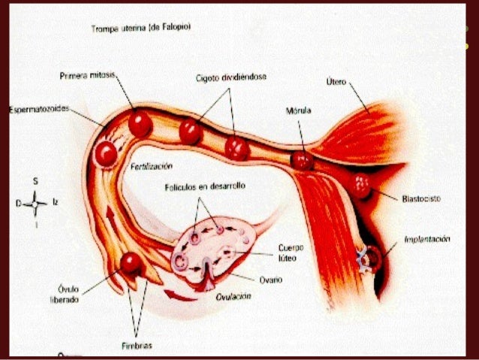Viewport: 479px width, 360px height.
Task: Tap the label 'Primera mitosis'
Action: click(86, 76)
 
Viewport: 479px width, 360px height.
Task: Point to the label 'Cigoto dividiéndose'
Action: click(232, 77)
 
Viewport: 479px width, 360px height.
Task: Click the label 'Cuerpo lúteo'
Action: click(291, 253)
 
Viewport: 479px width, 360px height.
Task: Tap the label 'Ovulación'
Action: click(233, 296)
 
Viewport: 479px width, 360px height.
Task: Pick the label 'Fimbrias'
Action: click(136, 345)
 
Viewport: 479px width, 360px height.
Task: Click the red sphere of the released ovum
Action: click(132, 262)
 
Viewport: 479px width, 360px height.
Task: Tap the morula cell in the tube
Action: click(302, 159)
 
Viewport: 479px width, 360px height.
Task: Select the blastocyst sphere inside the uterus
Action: click(361, 185)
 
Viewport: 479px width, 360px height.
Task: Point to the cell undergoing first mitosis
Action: click(140, 123)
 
